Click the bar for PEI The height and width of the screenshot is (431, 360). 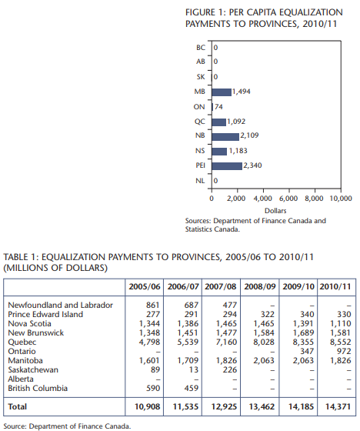[227, 166]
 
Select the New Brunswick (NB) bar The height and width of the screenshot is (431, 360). [225, 137]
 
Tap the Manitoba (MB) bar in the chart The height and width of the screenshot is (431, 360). [222, 92]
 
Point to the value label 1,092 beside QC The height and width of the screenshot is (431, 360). [236, 122]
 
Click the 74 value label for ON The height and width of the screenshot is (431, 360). [218, 107]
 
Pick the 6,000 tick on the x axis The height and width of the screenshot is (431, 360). [288, 199]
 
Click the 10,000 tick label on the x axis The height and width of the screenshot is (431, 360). [341, 199]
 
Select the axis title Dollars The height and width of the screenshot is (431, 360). [275, 211]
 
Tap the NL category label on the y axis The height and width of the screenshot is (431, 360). [200, 181]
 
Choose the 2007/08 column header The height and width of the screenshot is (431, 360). [221, 286]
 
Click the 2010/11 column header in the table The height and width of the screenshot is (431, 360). [335, 286]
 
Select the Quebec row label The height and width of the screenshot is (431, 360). [22, 342]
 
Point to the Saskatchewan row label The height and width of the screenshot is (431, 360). [33, 370]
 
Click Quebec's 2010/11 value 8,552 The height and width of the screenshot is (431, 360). [341, 342]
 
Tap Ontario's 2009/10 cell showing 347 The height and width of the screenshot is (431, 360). [307, 352]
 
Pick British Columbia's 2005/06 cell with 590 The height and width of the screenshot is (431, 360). [153, 389]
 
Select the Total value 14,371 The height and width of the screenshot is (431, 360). [338, 407]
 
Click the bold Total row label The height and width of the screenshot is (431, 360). [18, 407]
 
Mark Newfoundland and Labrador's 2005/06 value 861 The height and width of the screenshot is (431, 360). [153, 306]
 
